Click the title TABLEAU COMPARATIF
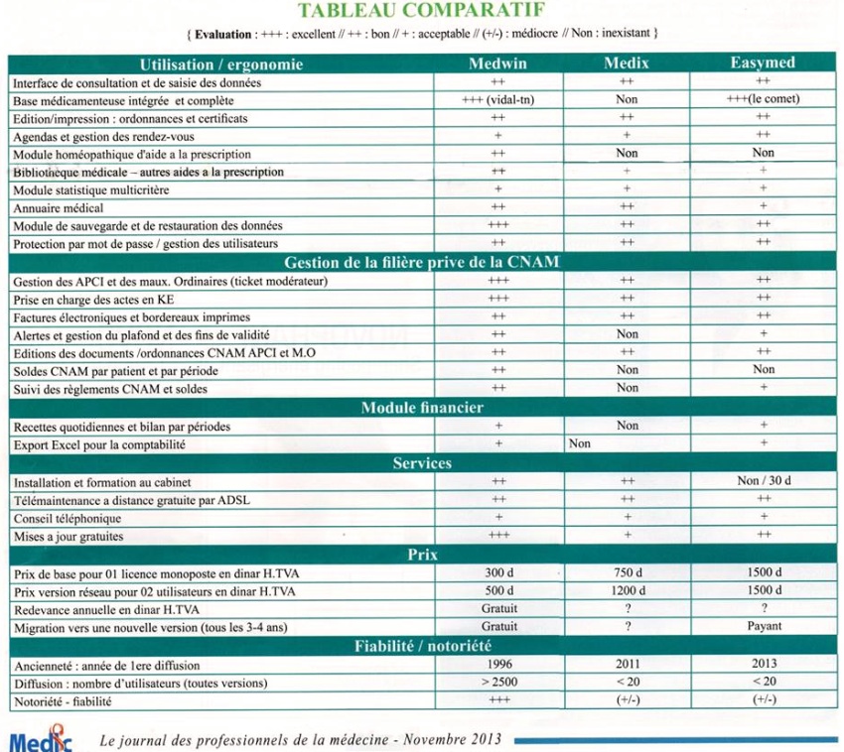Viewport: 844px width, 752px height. (422, 12)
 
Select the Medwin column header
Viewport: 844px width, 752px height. (497, 63)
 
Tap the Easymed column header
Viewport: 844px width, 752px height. (763, 63)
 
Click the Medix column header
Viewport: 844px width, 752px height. (627, 63)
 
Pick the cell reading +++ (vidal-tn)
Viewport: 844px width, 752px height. (497, 100)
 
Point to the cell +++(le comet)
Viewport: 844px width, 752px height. (763, 100)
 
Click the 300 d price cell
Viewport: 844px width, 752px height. (497, 573)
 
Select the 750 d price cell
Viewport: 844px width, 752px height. (627, 573)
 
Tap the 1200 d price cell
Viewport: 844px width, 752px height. (627, 591)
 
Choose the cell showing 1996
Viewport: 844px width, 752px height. (497, 665)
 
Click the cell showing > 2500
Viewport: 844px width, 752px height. (497, 683)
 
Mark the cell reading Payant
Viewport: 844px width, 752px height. (763, 627)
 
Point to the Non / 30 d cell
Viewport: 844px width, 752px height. (763, 482)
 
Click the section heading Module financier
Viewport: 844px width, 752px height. (422, 408)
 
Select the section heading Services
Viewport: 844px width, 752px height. (422, 463)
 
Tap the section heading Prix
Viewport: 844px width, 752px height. (422, 555)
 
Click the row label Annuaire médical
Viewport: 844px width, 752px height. (61, 208)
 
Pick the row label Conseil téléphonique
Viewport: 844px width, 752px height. (68, 519)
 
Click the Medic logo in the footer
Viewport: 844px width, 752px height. (41, 739)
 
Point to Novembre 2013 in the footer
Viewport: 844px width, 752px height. (457, 740)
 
